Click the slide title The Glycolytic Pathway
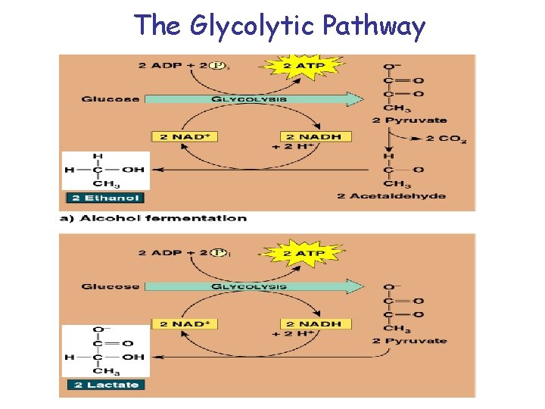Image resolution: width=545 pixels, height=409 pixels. pyautogui.click(x=280, y=26)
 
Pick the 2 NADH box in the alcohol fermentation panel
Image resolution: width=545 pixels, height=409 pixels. pyautogui.click(x=310, y=136)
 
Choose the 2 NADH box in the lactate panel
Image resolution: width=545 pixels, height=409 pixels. pyautogui.click(x=310, y=323)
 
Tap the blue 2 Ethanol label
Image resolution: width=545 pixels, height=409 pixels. pyautogui.click(x=104, y=198)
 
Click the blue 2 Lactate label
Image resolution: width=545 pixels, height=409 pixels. pyautogui.click(x=104, y=384)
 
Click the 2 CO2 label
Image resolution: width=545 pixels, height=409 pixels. pyautogui.click(x=446, y=139)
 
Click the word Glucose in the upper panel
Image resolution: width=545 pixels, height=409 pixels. pyautogui.click(x=110, y=99)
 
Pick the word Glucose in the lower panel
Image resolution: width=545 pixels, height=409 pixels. pyautogui.click(x=110, y=286)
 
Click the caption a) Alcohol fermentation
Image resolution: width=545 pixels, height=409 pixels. pyautogui.click(x=153, y=218)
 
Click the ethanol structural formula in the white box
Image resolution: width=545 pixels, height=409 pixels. pyautogui.click(x=105, y=170)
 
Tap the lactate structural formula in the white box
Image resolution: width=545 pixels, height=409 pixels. pyautogui.click(x=105, y=351)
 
